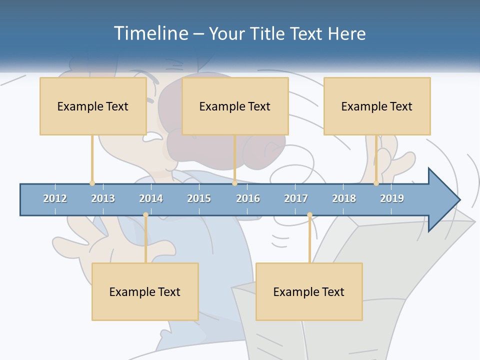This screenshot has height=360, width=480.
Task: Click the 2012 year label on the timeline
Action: coord(55,198)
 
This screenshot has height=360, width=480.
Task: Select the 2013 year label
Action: coord(103,198)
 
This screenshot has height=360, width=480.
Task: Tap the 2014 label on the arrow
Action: coord(151,198)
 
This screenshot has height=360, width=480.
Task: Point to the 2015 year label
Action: coord(199,198)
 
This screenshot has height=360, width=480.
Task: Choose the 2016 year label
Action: coord(248,198)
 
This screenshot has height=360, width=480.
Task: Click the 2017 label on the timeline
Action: coord(296,198)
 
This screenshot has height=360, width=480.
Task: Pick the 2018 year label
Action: coord(344,198)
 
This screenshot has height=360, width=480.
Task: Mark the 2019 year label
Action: coord(392,198)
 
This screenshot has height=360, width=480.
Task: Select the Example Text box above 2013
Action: coord(93,106)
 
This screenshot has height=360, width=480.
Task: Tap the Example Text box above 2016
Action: coord(235,106)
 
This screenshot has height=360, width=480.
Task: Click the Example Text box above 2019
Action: coord(377,106)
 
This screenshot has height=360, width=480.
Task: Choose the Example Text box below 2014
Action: coord(145,291)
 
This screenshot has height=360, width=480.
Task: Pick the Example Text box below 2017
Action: coord(309,291)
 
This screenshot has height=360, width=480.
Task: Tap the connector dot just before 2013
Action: coord(92,183)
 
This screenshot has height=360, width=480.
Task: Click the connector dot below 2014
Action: coord(145,215)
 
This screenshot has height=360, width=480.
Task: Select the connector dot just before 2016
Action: coord(234,183)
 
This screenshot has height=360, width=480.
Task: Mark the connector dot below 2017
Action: coord(309,215)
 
